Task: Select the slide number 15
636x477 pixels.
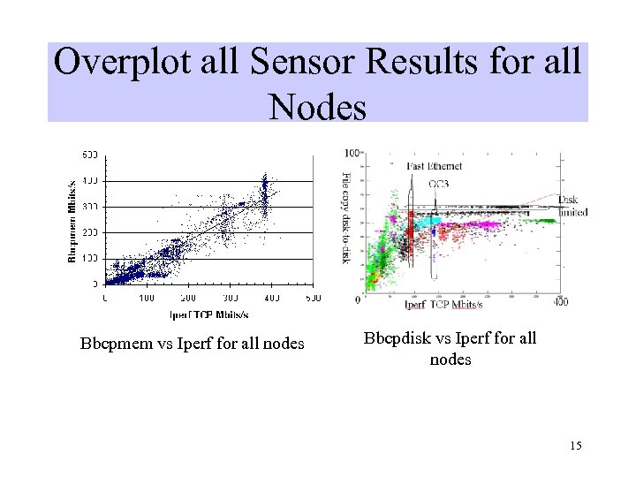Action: (x=576, y=446)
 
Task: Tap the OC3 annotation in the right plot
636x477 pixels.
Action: (x=439, y=183)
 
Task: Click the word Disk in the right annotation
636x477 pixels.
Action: (x=568, y=201)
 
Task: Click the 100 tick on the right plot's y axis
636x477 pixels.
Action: (x=352, y=153)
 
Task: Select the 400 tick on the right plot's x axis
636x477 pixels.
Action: (x=560, y=302)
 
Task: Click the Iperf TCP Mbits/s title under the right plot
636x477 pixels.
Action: (x=443, y=305)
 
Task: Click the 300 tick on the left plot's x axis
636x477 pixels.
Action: (x=231, y=298)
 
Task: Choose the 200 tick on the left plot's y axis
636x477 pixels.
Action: (x=91, y=232)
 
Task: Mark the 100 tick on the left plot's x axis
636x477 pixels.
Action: (x=147, y=298)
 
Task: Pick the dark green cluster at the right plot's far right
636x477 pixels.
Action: (x=541, y=221)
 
